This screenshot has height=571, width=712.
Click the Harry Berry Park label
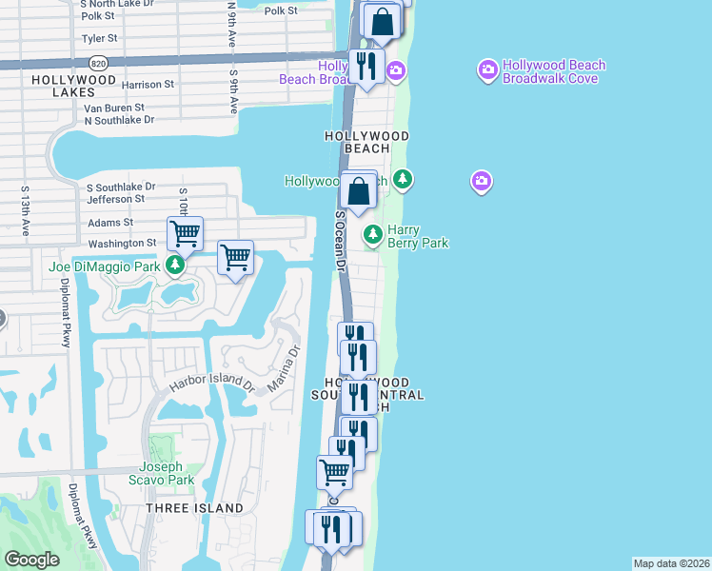pos(417,236)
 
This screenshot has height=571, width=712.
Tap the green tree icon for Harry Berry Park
pos(372,233)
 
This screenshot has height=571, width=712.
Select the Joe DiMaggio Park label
pos(105,266)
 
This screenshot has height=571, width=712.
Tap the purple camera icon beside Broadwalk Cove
pos(488,69)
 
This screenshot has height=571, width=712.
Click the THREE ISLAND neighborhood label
pos(194,508)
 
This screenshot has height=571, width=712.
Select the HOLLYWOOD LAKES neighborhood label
pos(64,86)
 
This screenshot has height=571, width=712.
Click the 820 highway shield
pos(100,64)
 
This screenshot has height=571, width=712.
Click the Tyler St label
pos(100,39)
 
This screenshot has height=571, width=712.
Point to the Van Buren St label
pos(113,108)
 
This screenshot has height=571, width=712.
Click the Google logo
pos(31,560)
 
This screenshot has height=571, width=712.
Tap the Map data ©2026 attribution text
pos(671,563)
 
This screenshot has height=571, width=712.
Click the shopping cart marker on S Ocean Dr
pos(334,471)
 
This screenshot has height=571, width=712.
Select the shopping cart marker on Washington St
pos(185,232)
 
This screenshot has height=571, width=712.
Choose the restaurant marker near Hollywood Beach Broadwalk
pos(365,67)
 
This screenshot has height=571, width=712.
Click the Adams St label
pos(110,223)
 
